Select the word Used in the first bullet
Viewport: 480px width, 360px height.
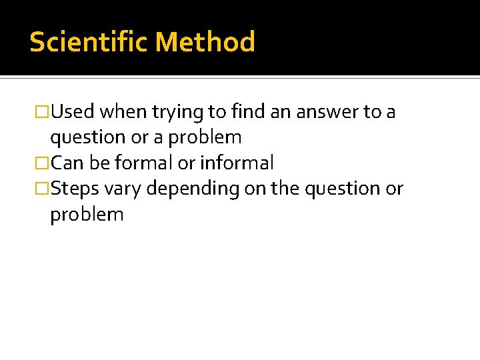[73, 112]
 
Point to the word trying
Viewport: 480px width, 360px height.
[173, 112]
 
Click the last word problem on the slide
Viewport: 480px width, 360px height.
[87, 215]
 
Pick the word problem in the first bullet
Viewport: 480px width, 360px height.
[205, 137]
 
